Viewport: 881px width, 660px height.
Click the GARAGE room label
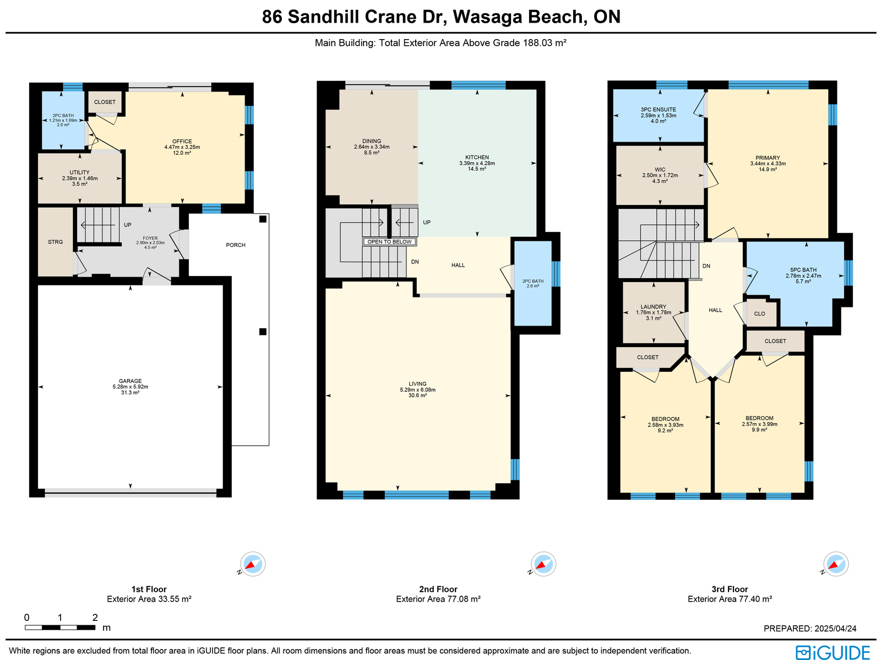130,381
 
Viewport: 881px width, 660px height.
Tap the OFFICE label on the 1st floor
182,142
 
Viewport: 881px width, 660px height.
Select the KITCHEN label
477,158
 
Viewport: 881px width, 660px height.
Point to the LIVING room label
417,384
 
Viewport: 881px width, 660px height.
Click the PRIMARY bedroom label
768,158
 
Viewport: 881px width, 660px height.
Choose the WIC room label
660,170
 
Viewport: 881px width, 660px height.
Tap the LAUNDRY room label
654,307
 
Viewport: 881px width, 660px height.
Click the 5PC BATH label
803,270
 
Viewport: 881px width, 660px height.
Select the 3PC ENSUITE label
658,110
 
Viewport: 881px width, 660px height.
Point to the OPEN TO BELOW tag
389,242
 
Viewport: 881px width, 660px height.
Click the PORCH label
236,245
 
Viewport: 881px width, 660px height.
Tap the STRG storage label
56,242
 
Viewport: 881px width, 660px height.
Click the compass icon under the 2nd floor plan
543,564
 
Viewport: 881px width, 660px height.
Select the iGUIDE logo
833,652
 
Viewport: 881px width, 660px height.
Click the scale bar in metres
60,627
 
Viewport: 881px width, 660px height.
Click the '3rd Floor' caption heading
730,589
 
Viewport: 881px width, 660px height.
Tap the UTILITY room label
79,172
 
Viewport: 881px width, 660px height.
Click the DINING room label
372,142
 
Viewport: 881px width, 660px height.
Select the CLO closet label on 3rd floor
759,314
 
